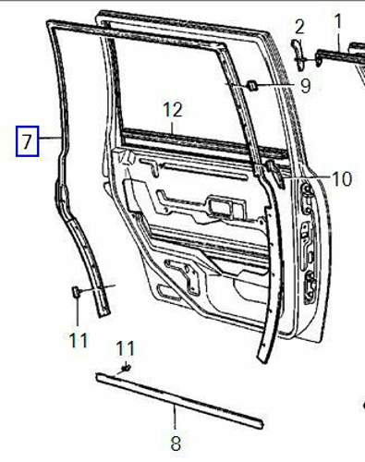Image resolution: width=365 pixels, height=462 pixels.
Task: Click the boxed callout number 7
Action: pyautogui.click(x=28, y=141)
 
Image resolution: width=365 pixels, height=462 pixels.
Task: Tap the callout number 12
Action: pyautogui.click(x=173, y=110)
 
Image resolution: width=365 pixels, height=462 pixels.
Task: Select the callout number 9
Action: pyautogui.click(x=305, y=86)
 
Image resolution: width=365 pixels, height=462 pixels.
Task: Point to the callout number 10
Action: pyautogui.click(x=342, y=178)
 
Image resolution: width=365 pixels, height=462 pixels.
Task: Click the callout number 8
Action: pyautogui.click(x=176, y=444)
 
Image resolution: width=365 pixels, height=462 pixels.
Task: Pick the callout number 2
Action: pyautogui.click(x=299, y=27)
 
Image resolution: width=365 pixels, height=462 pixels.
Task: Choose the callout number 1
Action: pyautogui.click(x=338, y=21)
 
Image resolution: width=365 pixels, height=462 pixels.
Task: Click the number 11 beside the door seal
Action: pyautogui.click(x=79, y=340)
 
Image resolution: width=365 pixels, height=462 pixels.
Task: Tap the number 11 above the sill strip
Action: pyautogui.click(x=126, y=348)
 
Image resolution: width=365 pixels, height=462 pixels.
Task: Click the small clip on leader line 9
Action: pyautogui.click(x=253, y=85)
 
